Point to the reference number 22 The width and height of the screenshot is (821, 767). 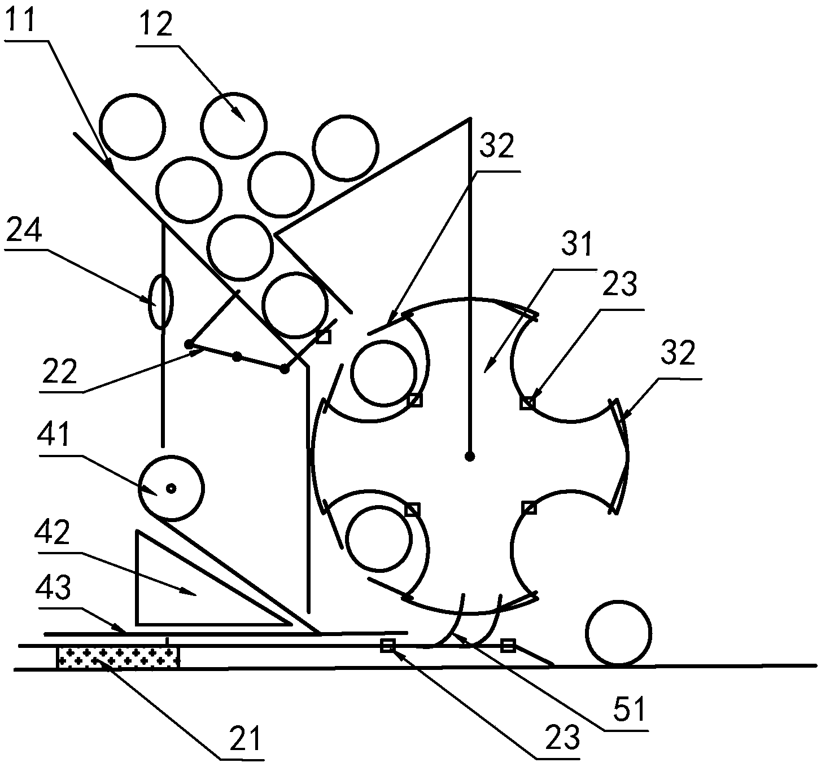(59, 372)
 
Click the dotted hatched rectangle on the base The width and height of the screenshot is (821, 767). (117, 658)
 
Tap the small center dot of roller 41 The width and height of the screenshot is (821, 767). (171, 488)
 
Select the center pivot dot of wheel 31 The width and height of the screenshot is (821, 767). (469, 455)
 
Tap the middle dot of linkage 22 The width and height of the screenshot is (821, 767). (237, 356)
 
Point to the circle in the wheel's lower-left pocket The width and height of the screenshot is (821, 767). (378, 537)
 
